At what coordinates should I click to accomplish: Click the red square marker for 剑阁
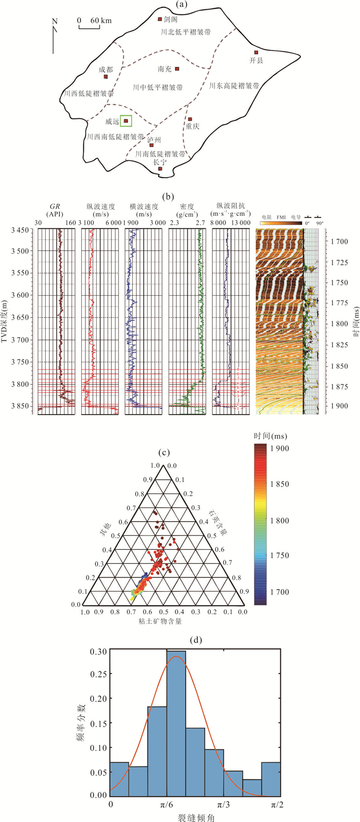click(159, 20)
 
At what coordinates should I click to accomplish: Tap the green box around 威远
click(126, 121)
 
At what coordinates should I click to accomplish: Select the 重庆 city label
click(192, 126)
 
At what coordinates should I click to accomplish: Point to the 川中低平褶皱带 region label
click(157, 87)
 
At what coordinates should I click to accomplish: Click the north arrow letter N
click(55, 22)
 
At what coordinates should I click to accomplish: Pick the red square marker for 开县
click(256, 52)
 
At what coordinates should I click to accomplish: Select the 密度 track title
click(185, 206)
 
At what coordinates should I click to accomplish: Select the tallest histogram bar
click(176, 723)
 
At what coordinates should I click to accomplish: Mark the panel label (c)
click(164, 453)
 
